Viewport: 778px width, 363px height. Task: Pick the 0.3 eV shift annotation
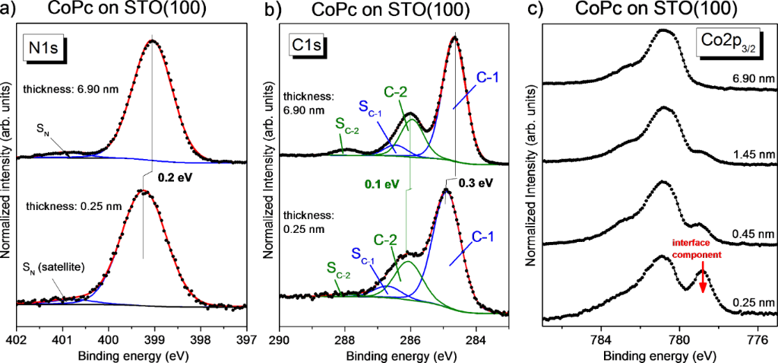click(476, 183)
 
